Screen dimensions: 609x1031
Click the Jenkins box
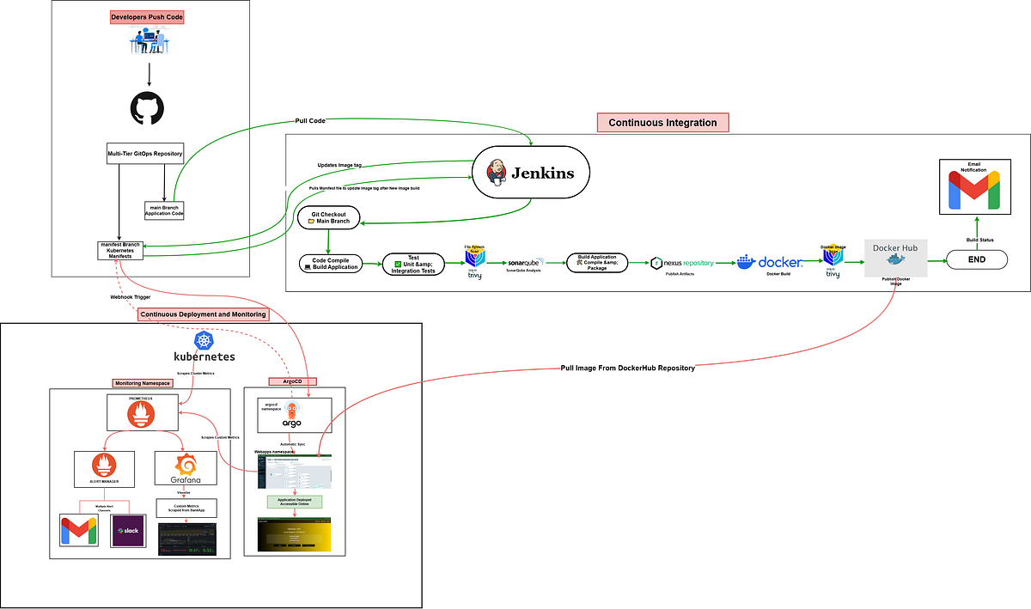[x=531, y=173]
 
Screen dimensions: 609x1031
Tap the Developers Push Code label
[x=148, y=16]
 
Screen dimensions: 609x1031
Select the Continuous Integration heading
[x=662, y=123]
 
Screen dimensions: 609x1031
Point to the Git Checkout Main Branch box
[x=328, y=217]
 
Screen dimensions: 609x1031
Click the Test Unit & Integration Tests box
[x=414, y=264]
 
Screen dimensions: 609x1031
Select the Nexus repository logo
[x=682, y=262]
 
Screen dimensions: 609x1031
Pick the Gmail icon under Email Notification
[x=974, y=191]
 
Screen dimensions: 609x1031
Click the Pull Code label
[x=310, y=121]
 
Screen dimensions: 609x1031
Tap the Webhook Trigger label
[x=130, y=296]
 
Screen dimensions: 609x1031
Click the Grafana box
[x=186, y=469]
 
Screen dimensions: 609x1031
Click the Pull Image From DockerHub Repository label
[x=627, y=367]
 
